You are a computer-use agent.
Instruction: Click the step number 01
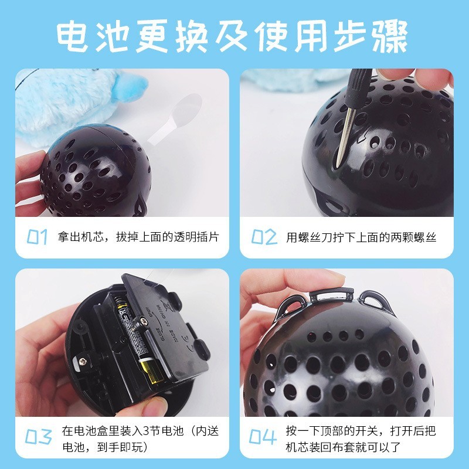[x=38, y=237]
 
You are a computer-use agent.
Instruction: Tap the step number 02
[x=264, y=237]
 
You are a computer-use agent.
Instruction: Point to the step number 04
[x=264, y=437]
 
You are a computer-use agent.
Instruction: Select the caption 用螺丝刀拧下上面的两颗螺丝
[x=361, y=237]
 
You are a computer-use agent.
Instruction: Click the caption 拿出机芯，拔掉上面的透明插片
[x=138, y=237]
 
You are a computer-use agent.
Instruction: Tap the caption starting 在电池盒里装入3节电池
[x=141, y=437]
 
